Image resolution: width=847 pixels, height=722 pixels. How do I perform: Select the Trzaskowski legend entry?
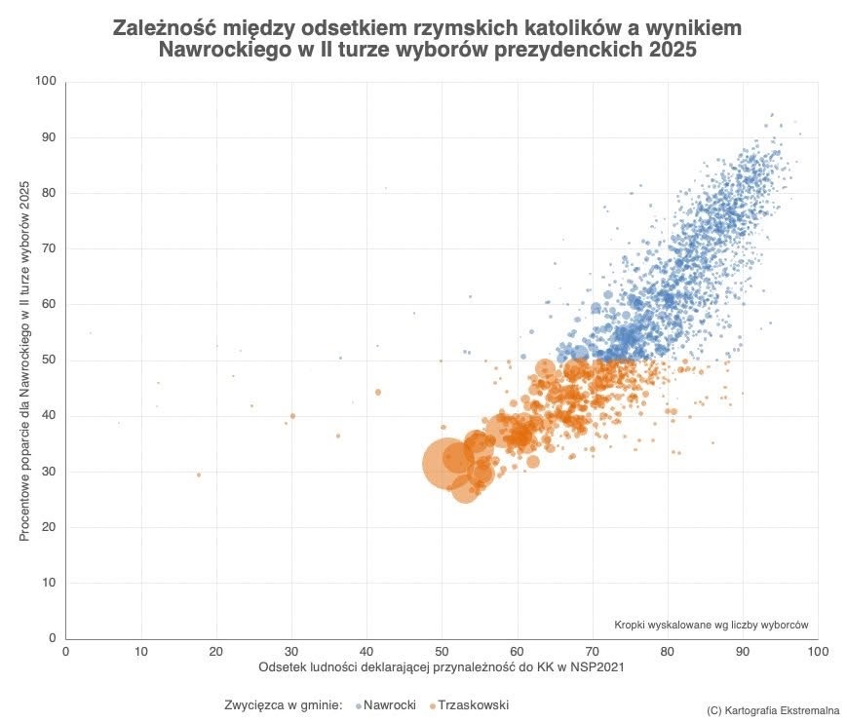472,704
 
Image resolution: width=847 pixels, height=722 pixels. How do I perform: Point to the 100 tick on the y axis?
45,82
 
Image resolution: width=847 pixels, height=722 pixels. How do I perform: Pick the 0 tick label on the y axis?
53,638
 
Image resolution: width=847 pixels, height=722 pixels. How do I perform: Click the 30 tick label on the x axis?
291,651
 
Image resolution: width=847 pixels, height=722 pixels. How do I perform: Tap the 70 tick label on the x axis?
592,651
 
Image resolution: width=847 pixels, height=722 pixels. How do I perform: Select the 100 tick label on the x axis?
817,651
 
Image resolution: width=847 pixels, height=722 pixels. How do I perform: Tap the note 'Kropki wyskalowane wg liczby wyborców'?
712,625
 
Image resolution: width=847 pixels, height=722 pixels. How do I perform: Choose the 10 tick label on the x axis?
141,651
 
